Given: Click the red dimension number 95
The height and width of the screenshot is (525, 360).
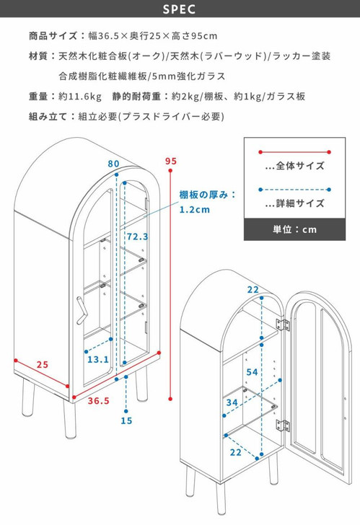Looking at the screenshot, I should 170,161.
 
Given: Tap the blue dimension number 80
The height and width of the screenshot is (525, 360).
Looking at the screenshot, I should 113,164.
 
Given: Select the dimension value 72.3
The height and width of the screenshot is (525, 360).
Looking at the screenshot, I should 137,237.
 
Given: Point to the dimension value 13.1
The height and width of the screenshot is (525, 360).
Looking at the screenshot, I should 98,360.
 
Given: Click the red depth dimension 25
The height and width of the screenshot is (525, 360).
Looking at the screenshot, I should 43,364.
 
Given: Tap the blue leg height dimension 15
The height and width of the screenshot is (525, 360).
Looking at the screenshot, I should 127,420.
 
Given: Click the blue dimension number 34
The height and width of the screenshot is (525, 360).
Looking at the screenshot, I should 232,402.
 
